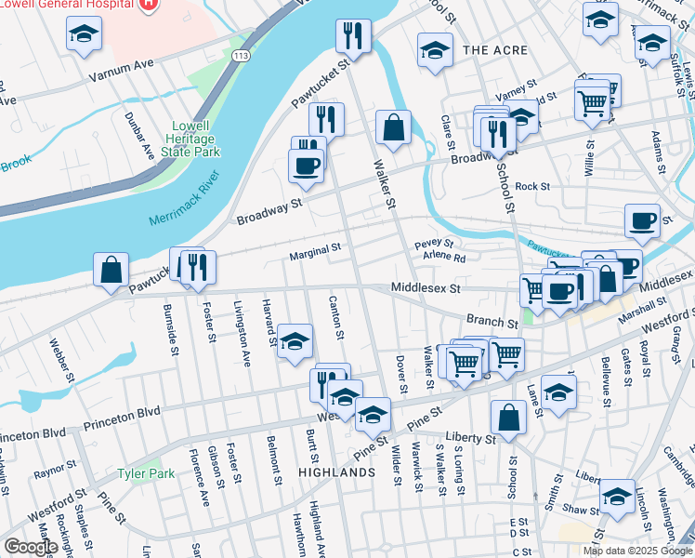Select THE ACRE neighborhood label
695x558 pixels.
click(494, 49)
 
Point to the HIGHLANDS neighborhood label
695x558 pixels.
click(336, 472)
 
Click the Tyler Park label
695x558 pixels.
click(146, 473)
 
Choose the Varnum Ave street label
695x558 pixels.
click(121, 65)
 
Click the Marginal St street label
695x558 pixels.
click(316, 248)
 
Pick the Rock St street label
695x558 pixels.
click(533, 187)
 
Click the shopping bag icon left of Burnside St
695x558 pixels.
click(111, 270)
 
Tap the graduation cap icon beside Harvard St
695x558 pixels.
click(295, 341)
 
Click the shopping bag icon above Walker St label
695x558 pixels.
click(394, 127)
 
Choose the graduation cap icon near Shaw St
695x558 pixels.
click(617, 497)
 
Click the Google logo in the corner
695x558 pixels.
click(31, 547)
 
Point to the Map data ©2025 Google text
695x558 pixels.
click(636, 551)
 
